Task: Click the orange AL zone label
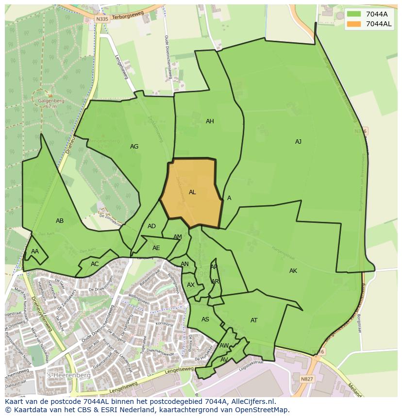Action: (x=192, y=192)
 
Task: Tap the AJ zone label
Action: (x=298, y=142)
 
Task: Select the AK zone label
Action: (x=293, y=271)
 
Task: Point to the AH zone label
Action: (x=210, y=121)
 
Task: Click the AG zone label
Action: (x=134, y=147)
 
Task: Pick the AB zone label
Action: (x=60, y=221)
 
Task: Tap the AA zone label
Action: (x=35, y=251)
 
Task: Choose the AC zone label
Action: (x=95, y=264)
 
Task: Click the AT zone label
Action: (x=254, y=320)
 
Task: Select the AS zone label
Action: (x=205, y=319)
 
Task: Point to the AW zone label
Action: (x=224, y=346)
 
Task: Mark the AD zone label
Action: (x=151, y=226)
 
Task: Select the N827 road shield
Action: (x=306, y=379)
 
